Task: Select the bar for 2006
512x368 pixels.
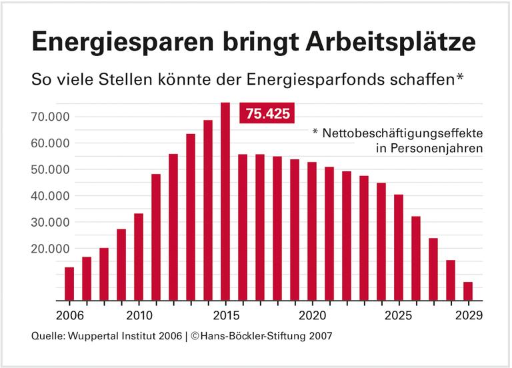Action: pyautogui.click(x=69, y=284)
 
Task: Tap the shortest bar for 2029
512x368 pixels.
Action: pyautogui.click(x=468, y=291)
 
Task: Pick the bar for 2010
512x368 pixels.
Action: pyautogui.click(x=139, y=257)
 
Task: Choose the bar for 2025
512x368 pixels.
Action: pyautogui.click(x=399, y=247)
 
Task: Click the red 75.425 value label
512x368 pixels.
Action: pyautogui.click(x=268, y=114)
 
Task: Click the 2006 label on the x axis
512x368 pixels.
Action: pyautogui.click(x=69, y=314)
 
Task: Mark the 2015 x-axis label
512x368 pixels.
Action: pyautogui.click(x=225, y=314)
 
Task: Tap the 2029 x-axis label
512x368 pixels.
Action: pyautogui.click(x=468, y=314)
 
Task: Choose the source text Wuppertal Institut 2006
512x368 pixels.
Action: pyautogui.click(x=123, y=337)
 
